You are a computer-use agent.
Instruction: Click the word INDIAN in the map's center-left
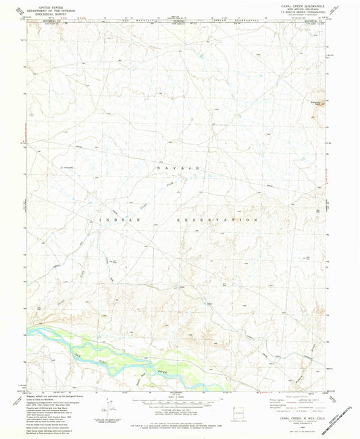tap(121, 219)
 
